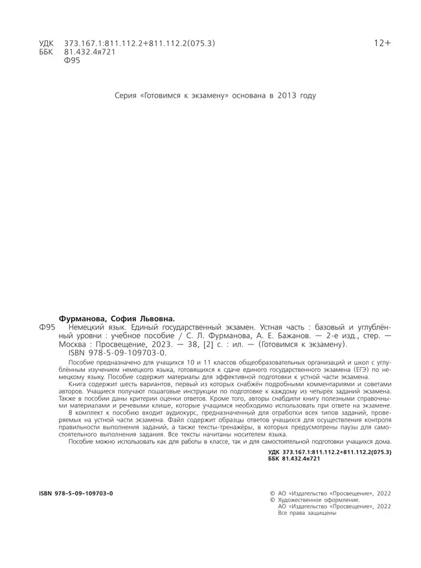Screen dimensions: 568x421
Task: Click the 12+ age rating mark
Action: [x=383, y=43]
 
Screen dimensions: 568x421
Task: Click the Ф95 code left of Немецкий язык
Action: [x=48, y=328]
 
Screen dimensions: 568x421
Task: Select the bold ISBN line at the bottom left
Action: [x=76, y=494]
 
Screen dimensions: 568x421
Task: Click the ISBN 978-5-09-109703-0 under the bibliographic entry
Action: [x=117, y=354]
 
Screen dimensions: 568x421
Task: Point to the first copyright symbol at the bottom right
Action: [x=271, y=494]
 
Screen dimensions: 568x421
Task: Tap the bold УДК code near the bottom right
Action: [x=330, y=451]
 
